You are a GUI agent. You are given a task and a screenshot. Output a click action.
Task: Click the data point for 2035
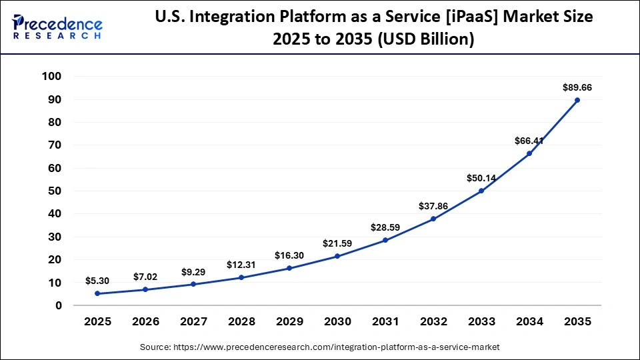(577, 100)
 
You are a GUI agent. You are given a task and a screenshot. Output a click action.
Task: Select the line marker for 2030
(337, 256)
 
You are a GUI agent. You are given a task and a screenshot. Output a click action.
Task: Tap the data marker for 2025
(97, 293)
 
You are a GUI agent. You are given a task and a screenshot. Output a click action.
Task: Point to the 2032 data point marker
(433, 219)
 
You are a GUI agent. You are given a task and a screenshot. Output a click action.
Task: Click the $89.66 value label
(577, 87)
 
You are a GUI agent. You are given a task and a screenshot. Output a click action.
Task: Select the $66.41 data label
(529, 141)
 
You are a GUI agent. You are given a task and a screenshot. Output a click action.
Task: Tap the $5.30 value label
(97, 281)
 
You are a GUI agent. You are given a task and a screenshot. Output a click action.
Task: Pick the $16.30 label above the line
(289, 255)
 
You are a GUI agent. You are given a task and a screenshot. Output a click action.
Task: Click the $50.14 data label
(481, 178)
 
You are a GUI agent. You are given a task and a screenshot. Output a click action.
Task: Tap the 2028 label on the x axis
(241, 321)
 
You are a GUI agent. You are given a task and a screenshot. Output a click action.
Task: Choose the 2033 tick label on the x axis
(481, 321)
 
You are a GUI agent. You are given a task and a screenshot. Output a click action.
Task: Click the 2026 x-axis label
(145, 321)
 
